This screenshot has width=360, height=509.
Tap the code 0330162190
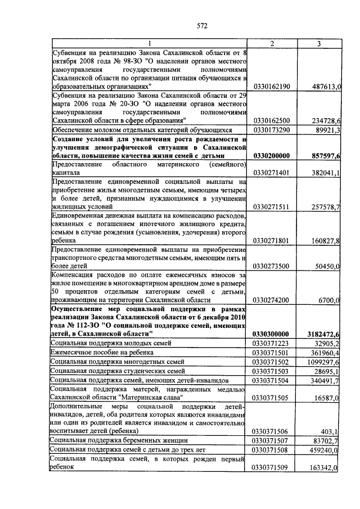click(272, 87)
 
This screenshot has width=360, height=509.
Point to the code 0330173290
click(272, 130)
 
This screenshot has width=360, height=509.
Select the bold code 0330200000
click(272, 155)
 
